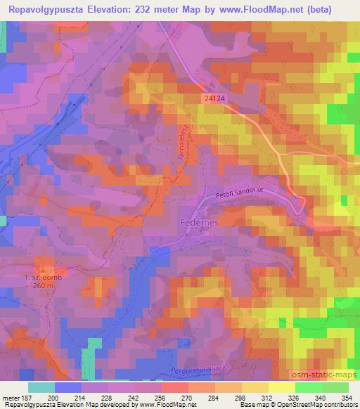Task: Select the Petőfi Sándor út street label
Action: [241, 191]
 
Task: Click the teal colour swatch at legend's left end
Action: [41, 387]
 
